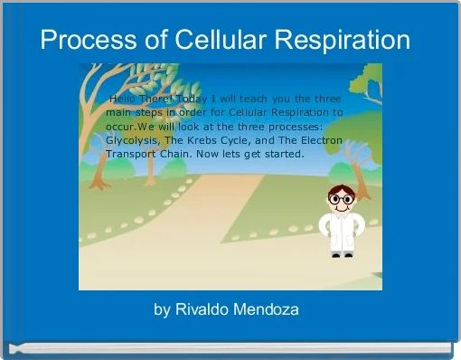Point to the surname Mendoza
[x=268, y=309]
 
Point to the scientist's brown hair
[x=341, y=187]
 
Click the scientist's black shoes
[x=341, y=255]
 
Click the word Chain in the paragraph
[x=177, y=154]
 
